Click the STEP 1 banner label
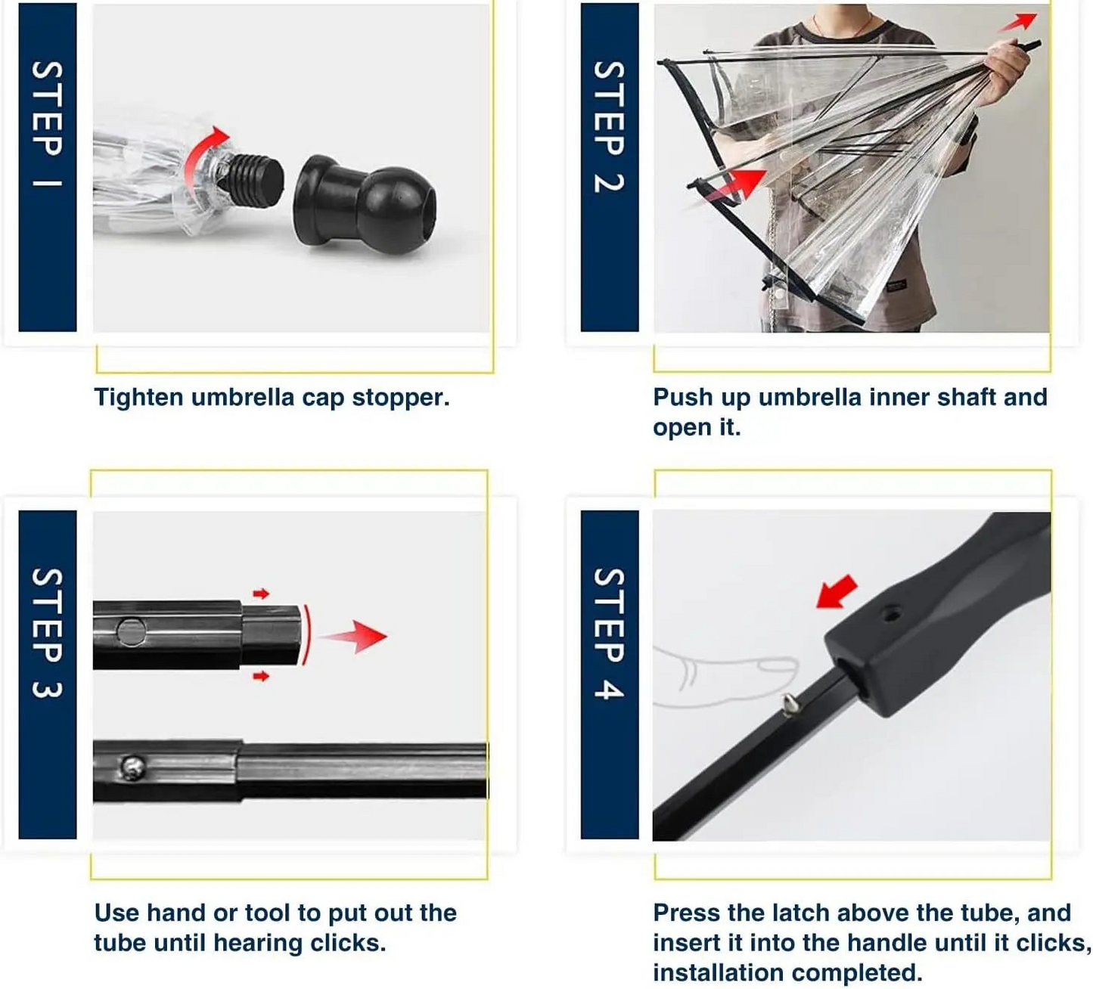click(48, 124)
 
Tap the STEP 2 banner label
click(609, 126)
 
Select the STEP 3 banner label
click(48, 633)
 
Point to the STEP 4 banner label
click(609, 633)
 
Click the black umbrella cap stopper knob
click(365, 205)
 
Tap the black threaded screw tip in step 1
click(253, 180)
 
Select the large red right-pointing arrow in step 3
click(353, 635)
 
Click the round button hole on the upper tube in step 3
click(132, 632)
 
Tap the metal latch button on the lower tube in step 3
click(132, 767)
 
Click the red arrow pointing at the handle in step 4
click(837, 592)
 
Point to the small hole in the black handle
click(892, 615)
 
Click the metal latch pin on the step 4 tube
click(790, 705)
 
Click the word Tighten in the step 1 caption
click(138, 397)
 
